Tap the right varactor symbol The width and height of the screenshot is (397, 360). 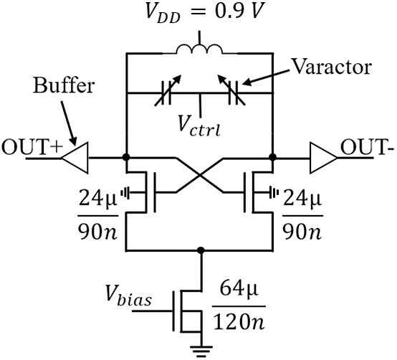(x=233, y=93)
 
